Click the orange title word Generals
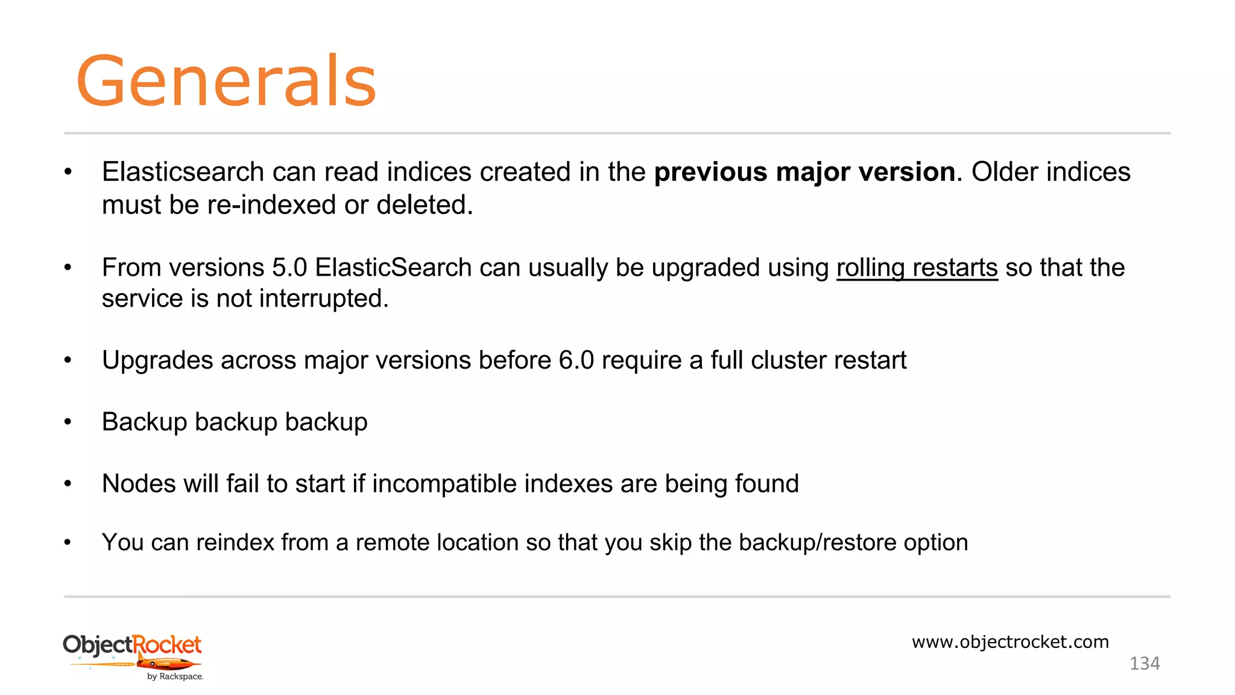[x=226, y=81]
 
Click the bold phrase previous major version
[x=804, y=172]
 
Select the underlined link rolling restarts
[x=917, y=268]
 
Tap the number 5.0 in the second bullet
[x=289, y=268]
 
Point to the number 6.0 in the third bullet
[x=576, y=360]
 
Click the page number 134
[x=1144, y=664]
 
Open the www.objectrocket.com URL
[x=1010, y=642]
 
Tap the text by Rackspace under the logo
[x=175, y=677]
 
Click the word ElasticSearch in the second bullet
[x=393, y=268]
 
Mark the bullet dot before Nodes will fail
[x=68, y=484]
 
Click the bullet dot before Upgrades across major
[x=68, y=360]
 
